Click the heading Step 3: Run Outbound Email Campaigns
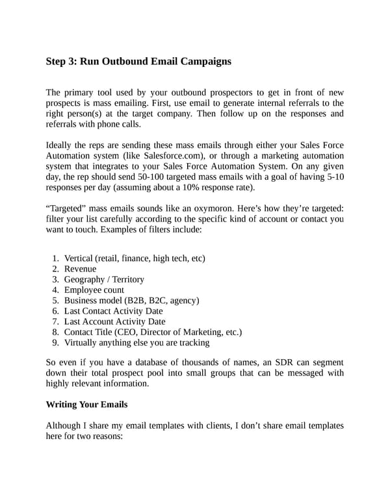coord(138,62)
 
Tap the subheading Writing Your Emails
coord(86,404)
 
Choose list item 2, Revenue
coord(80,269)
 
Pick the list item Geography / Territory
coord(104,279)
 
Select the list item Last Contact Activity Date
coord(114,310)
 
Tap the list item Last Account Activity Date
coord(114,321)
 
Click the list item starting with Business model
coord(131,300)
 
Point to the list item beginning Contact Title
coord(153,332)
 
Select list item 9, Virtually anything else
coord(136,342)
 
